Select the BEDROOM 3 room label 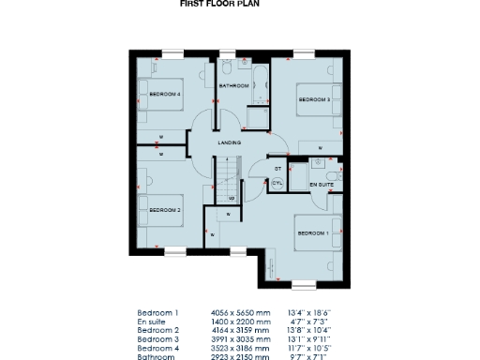314,98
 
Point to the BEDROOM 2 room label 166,209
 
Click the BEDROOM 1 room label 313,232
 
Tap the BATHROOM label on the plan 233,86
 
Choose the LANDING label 230,142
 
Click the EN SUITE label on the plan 321,186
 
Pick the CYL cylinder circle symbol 277,185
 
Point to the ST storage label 277,169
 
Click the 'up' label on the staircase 231,199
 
